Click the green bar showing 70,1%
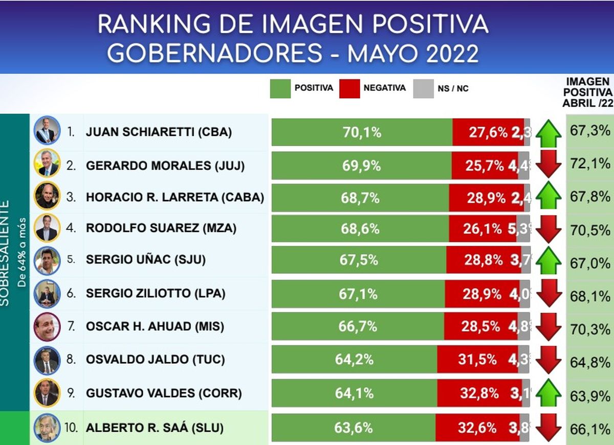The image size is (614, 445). click(x=362, y=132)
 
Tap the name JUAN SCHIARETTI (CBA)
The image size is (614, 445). click(x=159, y=132)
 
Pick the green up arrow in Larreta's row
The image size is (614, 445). click(x=550, y=196)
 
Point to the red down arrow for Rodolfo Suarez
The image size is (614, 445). click(x=550, y=229)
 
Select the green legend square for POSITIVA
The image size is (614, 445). click(x=280, y=88)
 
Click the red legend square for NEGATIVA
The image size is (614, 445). click(x=348, y=88)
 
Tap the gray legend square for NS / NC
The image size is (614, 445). click(x=423, y=88)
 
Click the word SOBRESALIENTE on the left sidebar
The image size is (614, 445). click(x=6, y=252)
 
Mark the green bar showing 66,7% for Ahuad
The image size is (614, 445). click(x=358, y=326)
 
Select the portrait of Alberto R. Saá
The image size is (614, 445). click(x=47, y=428)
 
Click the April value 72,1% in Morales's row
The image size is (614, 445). click(x=590, y=164)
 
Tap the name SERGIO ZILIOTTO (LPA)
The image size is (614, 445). click(x=156, y=294)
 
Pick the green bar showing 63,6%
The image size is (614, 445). click(x=354, y=428)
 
